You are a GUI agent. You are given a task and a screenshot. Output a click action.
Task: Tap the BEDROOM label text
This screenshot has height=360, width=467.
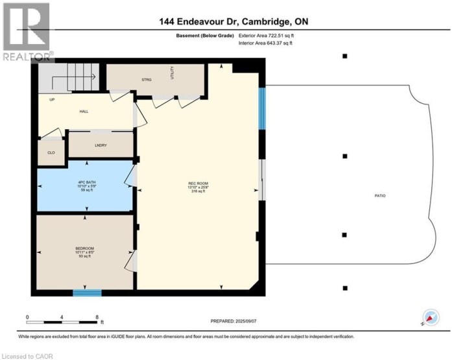[84, 248]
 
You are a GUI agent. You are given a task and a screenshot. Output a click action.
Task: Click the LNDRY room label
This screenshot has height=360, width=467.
[100, 145]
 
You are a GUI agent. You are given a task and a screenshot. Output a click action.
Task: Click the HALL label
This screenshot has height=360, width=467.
[84, 112]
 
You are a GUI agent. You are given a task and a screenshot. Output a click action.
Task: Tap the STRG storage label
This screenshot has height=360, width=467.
[147, 79]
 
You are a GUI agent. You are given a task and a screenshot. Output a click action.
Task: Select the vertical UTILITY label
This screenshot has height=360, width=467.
[173, 72]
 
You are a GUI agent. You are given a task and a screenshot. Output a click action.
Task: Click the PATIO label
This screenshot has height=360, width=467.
[379, 195]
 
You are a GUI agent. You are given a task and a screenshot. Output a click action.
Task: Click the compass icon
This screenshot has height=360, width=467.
[431, 317]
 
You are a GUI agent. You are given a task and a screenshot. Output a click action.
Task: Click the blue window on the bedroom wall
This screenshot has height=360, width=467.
[87, 293]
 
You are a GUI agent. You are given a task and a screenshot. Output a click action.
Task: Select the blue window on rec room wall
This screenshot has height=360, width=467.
[263, 109]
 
